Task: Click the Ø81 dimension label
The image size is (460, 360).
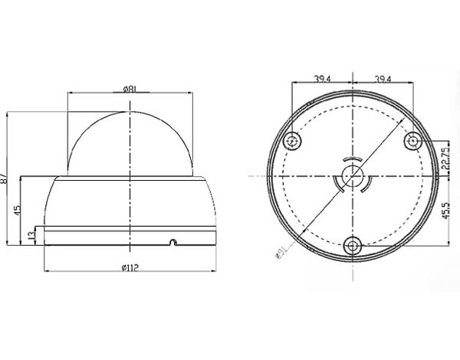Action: tap(129, 89)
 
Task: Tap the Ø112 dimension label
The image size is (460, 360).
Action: tap(130, 267)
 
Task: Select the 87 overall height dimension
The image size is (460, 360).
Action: tap(4, 178)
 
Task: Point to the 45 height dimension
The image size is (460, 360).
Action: tap(18, 210)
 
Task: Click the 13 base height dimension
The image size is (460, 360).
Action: tap(31, 235)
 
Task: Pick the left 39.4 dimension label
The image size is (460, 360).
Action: tap(322, 79)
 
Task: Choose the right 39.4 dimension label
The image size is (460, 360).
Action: tap(383, 79)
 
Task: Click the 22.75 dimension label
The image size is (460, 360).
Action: tap(445, 159)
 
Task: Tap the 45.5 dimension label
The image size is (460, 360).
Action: tap(445, 210)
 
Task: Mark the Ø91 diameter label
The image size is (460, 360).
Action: tap(281, 253)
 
